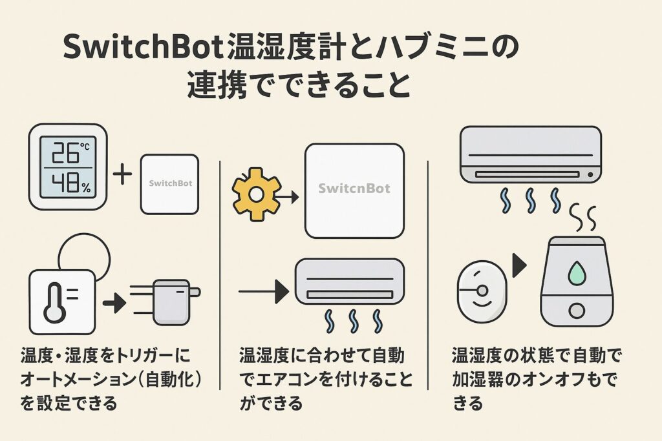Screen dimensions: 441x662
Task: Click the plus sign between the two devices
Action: click(122, 174)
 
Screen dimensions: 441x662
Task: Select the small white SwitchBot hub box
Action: click(169, 183)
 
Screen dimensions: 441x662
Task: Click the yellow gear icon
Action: click(257, 193)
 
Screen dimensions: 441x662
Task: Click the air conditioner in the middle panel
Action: click(349, 282)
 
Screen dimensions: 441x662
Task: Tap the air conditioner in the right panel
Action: click(530, 154)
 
